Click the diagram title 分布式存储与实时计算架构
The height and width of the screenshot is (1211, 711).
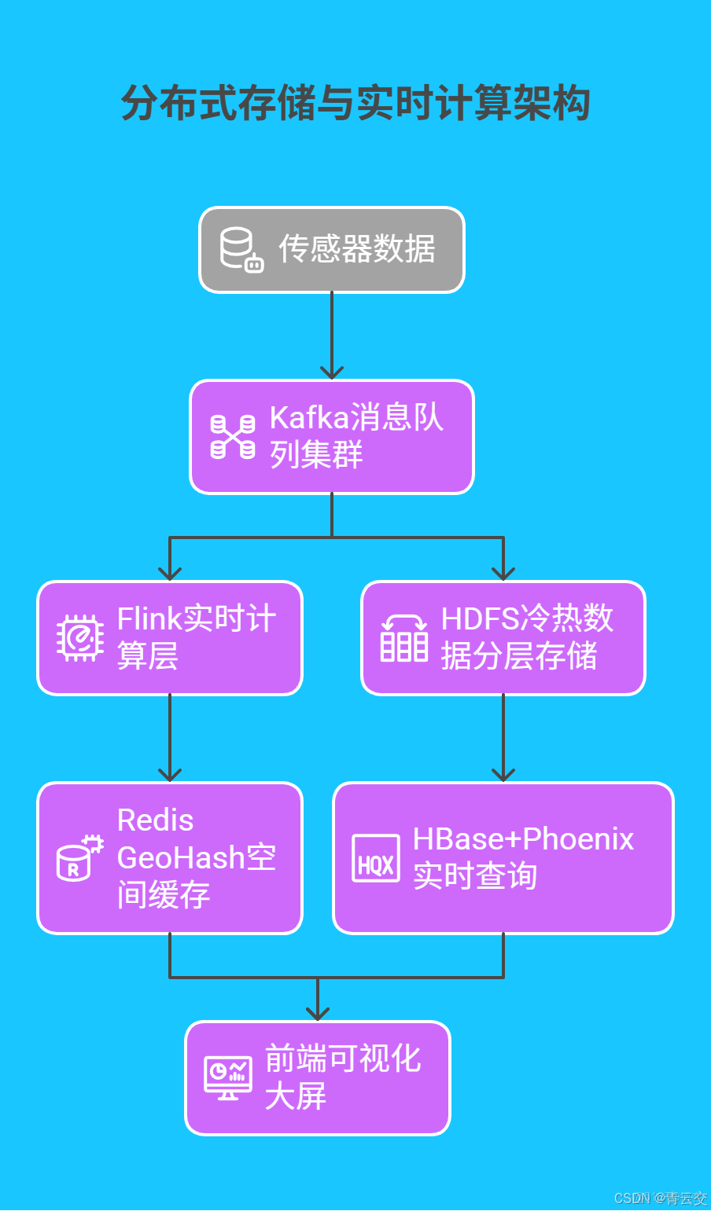(x=355, y=104)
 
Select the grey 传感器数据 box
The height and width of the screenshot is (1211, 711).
(x=331, y=250)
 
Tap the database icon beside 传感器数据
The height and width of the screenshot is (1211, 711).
(x=241, y=250)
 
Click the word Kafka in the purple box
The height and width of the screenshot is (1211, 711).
(x=308, y=418)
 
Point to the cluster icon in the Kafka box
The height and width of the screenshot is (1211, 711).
(x=233, y=437)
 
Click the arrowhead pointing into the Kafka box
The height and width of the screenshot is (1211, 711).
(x=332, y=372)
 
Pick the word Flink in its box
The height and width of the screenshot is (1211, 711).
(x=149, y=619)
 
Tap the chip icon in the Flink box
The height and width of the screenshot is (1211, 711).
(x=80, y=637)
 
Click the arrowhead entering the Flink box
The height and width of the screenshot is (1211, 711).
(x=170, y=572)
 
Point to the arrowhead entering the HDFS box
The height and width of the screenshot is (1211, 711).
(x=503, y=572)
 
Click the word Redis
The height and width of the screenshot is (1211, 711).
(x=155, y=820)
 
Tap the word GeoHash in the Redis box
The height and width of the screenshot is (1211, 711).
(x=181, y=857)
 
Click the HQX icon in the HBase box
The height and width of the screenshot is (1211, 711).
(x=375, y=858)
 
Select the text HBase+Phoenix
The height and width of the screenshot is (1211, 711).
(x=523, y=839)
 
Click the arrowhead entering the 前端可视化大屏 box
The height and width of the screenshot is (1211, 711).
(x=318, y=1013)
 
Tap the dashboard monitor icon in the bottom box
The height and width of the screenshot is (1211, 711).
(x=228, y=1077)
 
